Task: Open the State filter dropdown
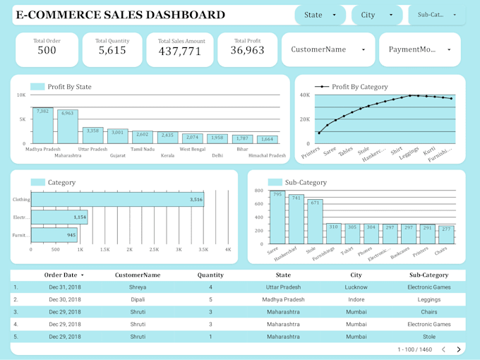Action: click(320, 15)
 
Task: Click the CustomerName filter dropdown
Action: click(328, 49)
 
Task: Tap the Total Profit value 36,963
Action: click(247, 51)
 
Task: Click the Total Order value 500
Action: click(47, 51)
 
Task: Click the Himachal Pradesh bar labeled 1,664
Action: click(268, 140)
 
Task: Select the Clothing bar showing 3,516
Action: click(117, 200)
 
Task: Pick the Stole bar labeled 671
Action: click(315, 222)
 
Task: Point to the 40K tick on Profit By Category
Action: click(305, 95)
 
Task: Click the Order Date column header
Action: click(64, 275)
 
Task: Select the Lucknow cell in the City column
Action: click(356, 287)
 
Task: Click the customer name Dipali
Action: click(138, 299)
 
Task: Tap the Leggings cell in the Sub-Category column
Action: click(428, 299)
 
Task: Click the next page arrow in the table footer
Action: click(459, 349)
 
